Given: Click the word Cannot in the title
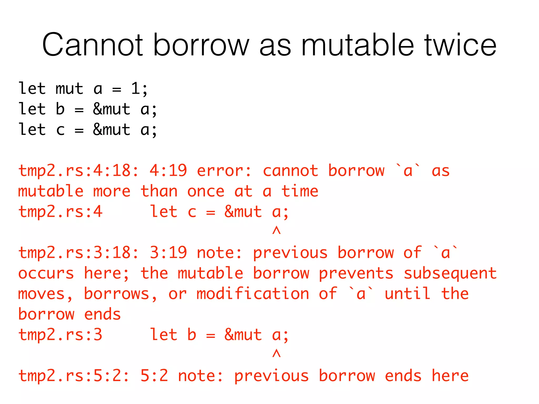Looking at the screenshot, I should click(92, 45).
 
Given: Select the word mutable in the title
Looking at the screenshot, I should click(357, 45).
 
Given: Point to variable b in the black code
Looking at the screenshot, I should click(60, 109).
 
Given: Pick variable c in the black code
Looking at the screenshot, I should click(60, 130).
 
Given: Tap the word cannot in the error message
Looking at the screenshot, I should click(290, 171).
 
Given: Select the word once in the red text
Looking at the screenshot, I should click(206, 191).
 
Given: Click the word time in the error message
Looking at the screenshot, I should click(300, 191).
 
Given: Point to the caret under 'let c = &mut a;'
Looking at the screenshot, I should click(276, 230).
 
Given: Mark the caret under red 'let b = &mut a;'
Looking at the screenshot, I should click(276, 353).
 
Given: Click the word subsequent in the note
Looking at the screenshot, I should click(450, 274).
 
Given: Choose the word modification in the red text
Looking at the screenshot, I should click(253, 294).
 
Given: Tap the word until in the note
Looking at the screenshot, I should click(408, 294).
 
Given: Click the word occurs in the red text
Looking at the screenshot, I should click(46, 274).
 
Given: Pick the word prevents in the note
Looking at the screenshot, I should click(356, 274).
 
